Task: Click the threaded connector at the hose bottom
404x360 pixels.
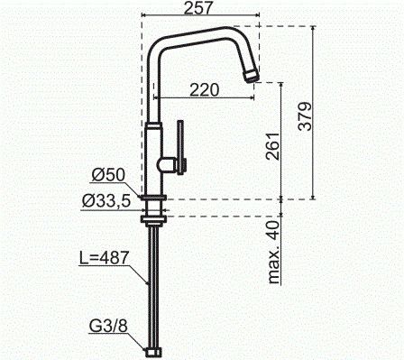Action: tap(154, 349)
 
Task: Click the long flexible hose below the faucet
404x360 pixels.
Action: tap(153, 280)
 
